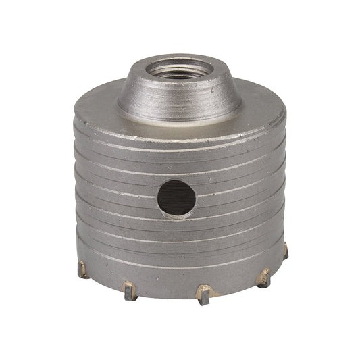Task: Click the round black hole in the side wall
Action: click(176, 197)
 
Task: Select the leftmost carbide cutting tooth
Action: click(83, 269)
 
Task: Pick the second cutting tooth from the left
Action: click(130, 291)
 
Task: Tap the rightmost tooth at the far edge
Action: click(286, 251)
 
